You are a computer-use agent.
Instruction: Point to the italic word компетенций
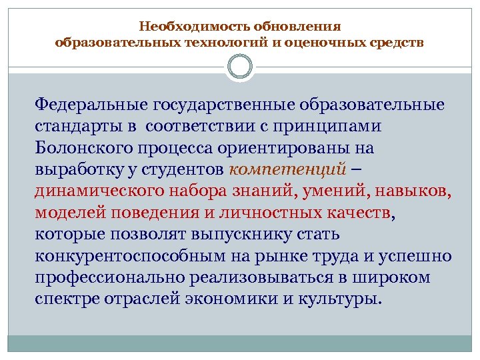(x=287, y=169)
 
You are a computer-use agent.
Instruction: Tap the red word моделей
(x=66, y=212)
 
